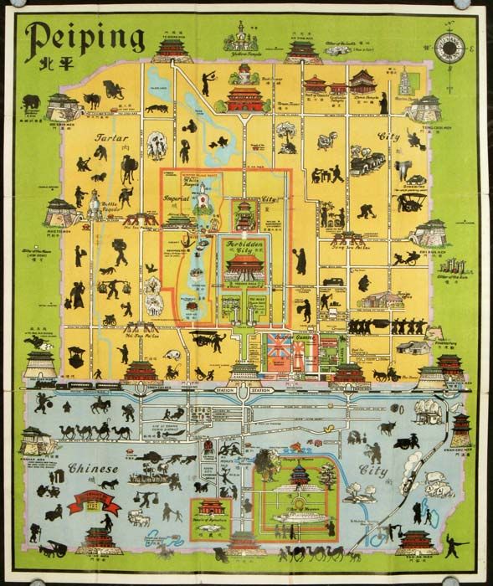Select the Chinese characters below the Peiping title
coord(47,67)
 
